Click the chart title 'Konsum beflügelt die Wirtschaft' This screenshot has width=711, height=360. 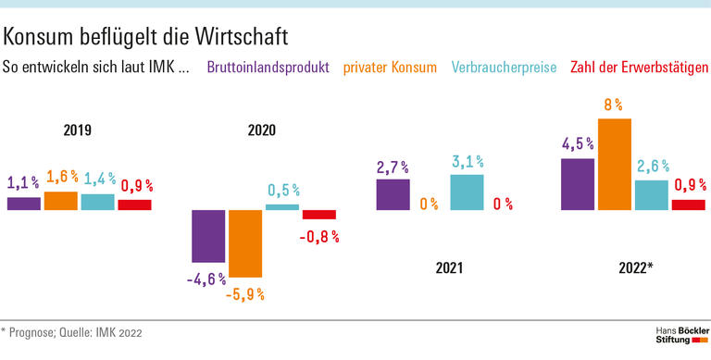click(146, 36)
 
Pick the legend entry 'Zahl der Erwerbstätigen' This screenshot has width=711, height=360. click(640, 68)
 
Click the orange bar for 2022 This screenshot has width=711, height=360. click(615, 164)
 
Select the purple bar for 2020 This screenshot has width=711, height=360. click(208, 236)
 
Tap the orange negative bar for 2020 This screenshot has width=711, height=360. click(245, 243)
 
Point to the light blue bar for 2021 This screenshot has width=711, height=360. click(467, 192)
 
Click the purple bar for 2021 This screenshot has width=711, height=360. click(393, 194)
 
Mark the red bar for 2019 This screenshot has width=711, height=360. click(134, 205)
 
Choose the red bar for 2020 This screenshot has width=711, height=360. click(319, 215)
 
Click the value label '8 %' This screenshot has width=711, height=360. click(613, 106)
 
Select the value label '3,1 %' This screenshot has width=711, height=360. click(467, 162)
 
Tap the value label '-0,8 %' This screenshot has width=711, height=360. click(319, 236)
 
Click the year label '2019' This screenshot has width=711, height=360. click(78, 130)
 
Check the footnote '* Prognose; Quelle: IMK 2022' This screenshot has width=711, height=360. click(71, 331)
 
